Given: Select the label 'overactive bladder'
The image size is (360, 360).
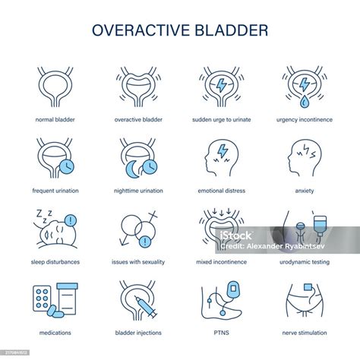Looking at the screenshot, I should pos(138,119).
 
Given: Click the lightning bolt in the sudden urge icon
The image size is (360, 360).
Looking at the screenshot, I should pos(221,86).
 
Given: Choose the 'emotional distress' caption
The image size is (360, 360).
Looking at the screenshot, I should pos(221,191).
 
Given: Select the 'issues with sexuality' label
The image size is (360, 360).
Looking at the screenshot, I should pos(138,262).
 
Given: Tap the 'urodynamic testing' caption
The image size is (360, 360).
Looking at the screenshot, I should pos(305,262).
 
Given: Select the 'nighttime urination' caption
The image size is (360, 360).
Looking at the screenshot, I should pos(138,191).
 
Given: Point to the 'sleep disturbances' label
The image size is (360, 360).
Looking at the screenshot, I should pos(55,262).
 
